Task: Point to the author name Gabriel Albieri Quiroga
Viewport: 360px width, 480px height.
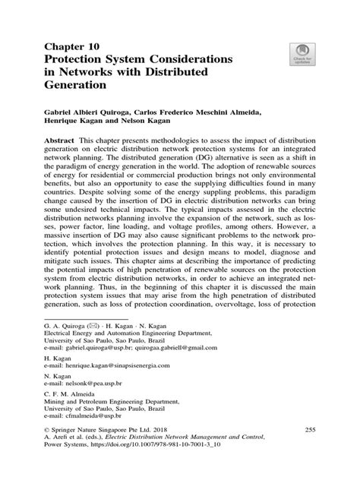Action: pos(94,111)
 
